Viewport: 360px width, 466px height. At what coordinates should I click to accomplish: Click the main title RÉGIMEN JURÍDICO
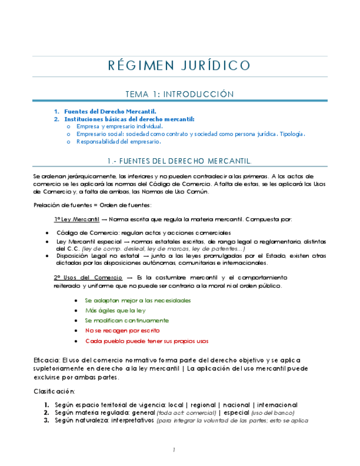point(179,66)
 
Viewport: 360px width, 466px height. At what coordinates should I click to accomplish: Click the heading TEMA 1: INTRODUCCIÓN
point(179,94)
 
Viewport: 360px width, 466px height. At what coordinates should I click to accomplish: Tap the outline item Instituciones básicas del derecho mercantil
point(129,119)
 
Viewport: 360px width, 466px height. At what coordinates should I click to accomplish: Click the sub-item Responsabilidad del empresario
point(118,141)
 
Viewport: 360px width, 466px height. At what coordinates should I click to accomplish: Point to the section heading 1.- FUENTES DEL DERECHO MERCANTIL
point(179,160)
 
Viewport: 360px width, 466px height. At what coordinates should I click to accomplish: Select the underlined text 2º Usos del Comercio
point(88,278)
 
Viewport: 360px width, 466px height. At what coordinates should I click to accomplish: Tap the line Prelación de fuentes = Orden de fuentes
point(92,206)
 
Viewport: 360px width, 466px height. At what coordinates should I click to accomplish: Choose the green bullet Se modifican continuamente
point(127,320)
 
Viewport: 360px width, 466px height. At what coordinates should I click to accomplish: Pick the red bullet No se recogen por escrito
point(122,330)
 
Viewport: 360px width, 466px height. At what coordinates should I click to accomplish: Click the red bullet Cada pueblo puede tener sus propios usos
point(147,341)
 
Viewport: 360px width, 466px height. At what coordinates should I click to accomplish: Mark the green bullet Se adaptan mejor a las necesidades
point(138,301)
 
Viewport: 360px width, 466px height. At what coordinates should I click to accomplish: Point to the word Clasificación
point(54,391)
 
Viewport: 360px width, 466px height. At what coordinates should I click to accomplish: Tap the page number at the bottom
point(174,450)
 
